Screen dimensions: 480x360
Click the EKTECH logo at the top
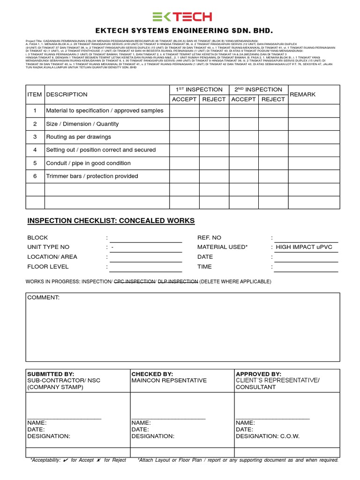click(x=182, y=17)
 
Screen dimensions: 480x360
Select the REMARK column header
click(x=303, y=94)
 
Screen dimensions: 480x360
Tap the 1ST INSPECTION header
click(x=199, y=90)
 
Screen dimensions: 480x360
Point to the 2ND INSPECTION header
click(x=258, y=90)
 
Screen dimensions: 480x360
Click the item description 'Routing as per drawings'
click(x=78, y=137)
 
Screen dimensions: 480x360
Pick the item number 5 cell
click(x=35, y=163)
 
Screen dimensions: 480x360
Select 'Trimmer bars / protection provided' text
click(x=92, y=176)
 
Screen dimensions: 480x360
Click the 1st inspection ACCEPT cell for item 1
click(x=184, y=111)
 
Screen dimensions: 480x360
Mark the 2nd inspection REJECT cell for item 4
click(x=273, y=150)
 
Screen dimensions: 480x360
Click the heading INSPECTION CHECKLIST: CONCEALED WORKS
click(x=111, y=221)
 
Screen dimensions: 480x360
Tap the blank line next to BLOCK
click(x=145, y=238)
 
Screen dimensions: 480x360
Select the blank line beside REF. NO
click(x=306, y=238)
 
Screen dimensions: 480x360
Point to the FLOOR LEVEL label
click(x=48, y=267)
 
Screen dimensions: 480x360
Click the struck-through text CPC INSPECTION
click(x=135, y=281)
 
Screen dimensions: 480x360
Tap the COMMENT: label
click(x=44, y=298)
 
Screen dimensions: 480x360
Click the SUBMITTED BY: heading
click(x=51, y=374)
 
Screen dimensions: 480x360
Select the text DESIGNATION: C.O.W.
click(x=267, y=436)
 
